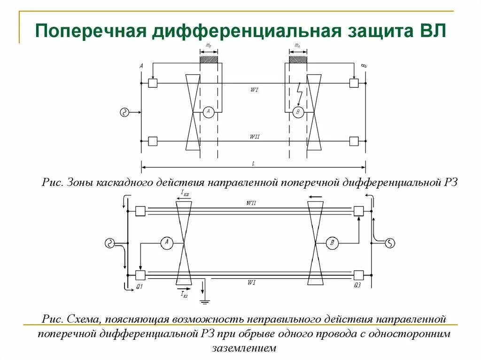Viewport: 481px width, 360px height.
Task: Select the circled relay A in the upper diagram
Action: (x=209, y=112)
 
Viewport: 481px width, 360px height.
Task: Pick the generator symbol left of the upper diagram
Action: (x=124, y=112)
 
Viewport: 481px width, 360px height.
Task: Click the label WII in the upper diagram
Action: (x=255, y=137)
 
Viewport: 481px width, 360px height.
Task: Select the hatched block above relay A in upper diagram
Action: (x=209, y=60)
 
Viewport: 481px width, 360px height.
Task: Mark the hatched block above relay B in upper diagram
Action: (x=297, y=60)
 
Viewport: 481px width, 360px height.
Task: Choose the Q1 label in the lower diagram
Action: (x=140, y=286)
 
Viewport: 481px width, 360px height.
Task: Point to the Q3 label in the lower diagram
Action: (x=358, y=286)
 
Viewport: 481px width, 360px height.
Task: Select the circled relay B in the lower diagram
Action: (x=333, y=243)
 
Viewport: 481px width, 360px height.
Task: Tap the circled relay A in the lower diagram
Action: (x=167, y=243)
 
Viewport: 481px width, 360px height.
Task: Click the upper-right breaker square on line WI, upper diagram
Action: (x=354, y=83)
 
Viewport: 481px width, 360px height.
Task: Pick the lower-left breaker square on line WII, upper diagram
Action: (x=153, y=141)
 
